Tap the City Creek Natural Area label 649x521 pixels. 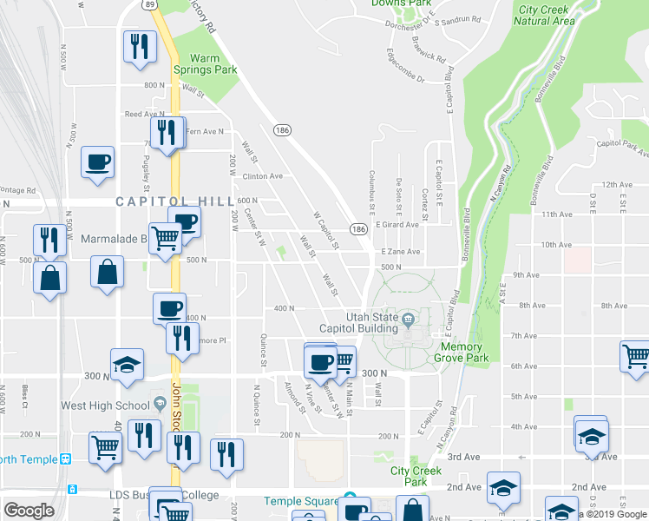tap(546, 15)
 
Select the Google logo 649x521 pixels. tap(29, 511)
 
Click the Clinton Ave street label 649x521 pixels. tap(263, 176)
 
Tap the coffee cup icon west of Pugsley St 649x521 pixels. tap(97, 161)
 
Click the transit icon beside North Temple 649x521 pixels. tap(64, 459)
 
